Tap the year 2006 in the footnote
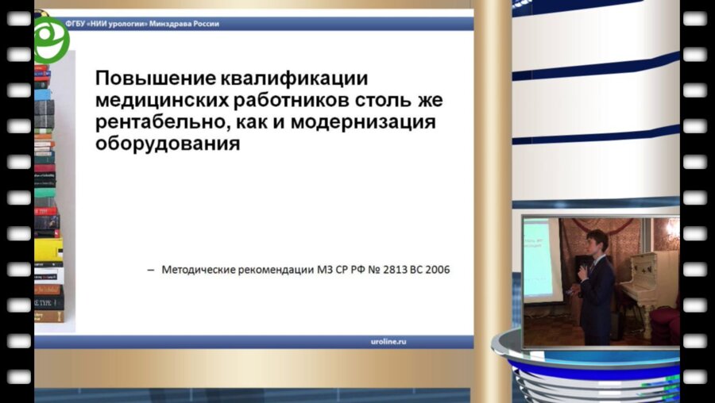pos(435,271)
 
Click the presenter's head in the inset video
pos(597,241)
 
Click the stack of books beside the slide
pos(48,198)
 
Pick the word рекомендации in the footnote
pos(273,271)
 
